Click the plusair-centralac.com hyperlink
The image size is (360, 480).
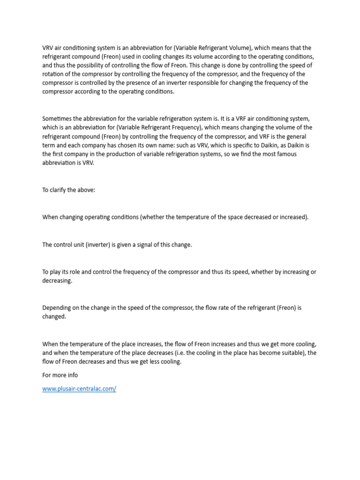pyautogui.click(x=79, y=389)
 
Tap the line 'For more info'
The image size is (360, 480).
pyautogui.click(x=60, y=375)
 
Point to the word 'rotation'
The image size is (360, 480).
pyautogui.click(x=53, y=74)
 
